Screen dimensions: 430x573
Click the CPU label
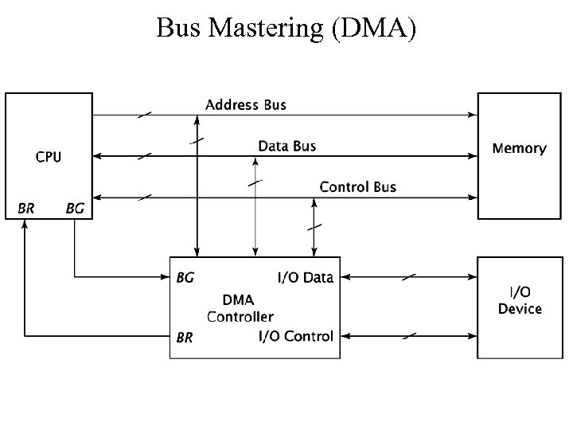pos(48,157)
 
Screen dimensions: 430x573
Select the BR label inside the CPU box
pos(26,209)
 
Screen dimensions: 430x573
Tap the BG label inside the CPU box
pos(74,209)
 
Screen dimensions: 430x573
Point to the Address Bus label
pos(246,104)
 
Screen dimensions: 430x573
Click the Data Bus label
pos(286,146)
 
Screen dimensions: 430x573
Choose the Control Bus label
pos(357,187)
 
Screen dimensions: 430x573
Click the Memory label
pos(519,148)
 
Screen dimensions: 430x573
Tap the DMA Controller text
pos(240,308)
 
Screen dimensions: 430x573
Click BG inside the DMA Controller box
pos(184,278)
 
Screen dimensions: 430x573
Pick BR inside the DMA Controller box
pos(184,337)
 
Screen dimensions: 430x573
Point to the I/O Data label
pos(305,278)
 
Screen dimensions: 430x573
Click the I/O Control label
pos(295,336)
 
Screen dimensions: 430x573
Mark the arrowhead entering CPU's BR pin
pos(26,224)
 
